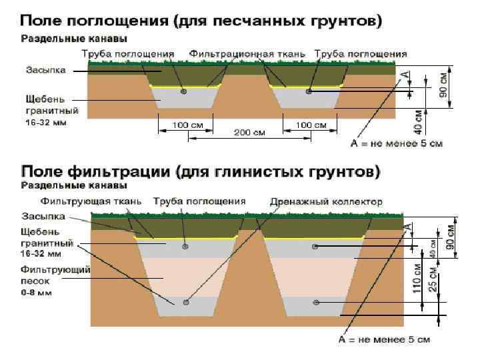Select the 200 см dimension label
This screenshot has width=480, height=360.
coord(249,133)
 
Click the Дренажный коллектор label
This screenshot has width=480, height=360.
coord(327,201)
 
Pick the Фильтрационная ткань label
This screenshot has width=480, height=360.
coord(247,53)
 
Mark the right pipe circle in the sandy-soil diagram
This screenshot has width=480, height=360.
coord(308,91)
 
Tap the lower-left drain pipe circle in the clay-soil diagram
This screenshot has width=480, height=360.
coord(186,302)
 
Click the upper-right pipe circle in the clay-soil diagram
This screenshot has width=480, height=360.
coord(315,247)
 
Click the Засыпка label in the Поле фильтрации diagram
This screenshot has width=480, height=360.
coord(43,216)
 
